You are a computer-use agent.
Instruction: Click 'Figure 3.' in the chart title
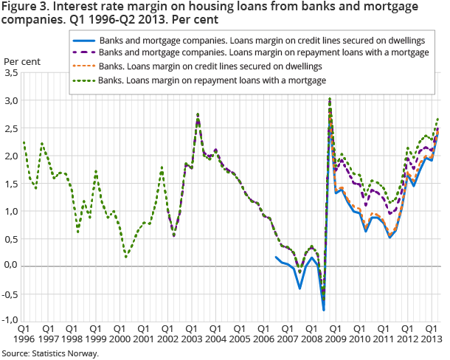point(25,9)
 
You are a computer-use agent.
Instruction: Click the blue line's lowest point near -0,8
point(324,310)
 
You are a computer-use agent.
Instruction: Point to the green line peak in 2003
point(198,114)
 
